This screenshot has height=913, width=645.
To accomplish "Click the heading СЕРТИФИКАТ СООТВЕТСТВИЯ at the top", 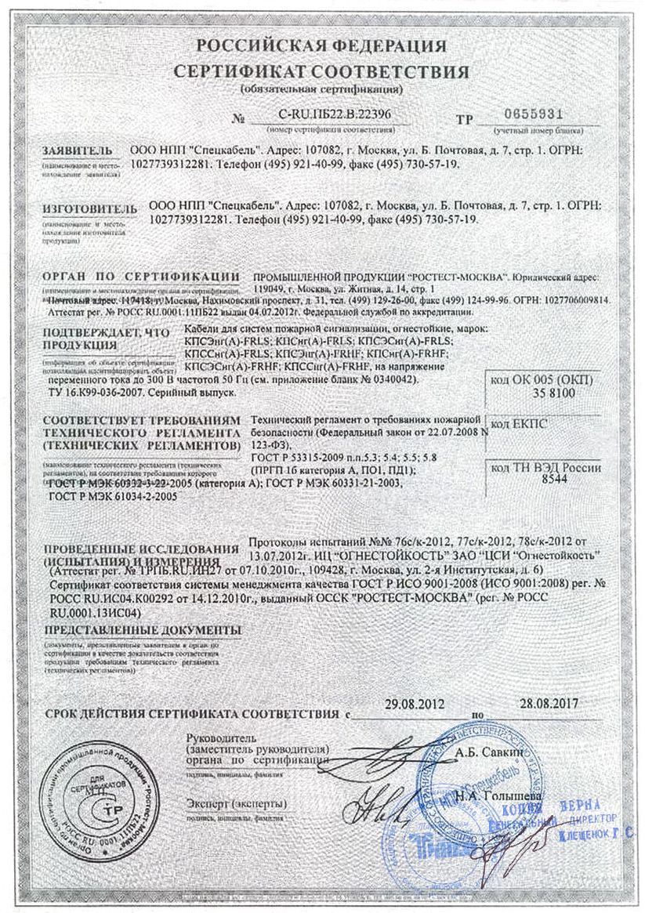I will (322, 72).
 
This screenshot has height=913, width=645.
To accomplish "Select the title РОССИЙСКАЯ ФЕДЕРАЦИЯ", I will (321, 45).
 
